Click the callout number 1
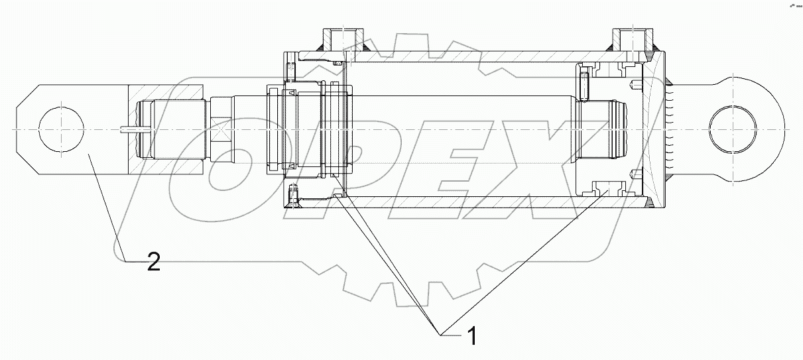coord(472,337)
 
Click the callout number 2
coord(153,263)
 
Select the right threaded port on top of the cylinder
coord(627,38)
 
